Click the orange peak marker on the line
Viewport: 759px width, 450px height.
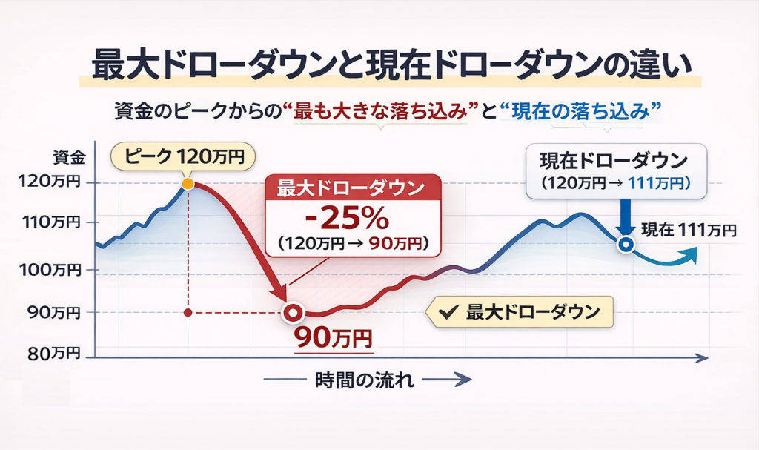pyautogui.click(x=188, y=183)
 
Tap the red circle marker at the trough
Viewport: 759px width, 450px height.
pyautogui.click(x=293, y=313)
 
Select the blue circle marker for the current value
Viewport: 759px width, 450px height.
pyautogui.click(x=626, y=245)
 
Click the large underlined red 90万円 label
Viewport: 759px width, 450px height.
pyautogui.click(x=333, y=338)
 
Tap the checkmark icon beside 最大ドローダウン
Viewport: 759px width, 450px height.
pyautogui.click(x=447, y=312)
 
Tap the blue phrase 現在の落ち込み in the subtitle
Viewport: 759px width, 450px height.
pyautogui.click(x=580, y=111)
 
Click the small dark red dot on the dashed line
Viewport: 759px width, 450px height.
pyautogui.click(x=188, y=313)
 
